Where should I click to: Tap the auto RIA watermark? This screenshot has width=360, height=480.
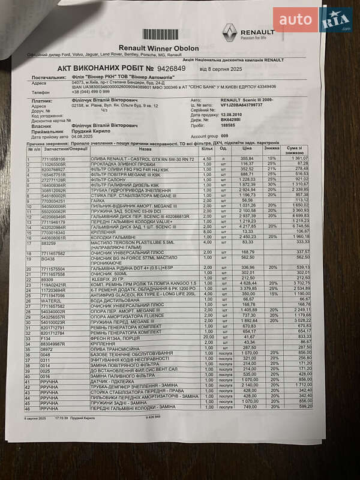(x=312, y=20)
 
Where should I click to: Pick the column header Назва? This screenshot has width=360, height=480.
(x=145, y=148)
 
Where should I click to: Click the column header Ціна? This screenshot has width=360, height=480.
(x=247, y=148)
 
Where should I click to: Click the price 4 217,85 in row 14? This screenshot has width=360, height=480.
(x=247, y=226)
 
